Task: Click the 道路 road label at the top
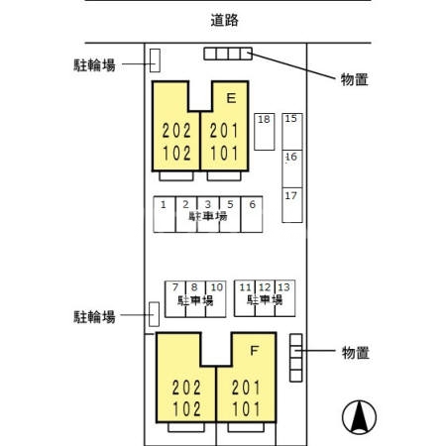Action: click(x=225, y=19)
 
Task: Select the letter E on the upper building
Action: click(x=231, y=98)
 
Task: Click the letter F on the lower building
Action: click(x=254, y=350)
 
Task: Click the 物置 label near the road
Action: click(x=354, y=79)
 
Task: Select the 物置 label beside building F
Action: click(x=355, y=352)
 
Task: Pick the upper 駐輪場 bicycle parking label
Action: click(x=95, y=64)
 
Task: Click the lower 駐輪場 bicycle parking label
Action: click(x=95, y=317)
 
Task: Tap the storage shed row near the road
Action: click(x=228, y=54)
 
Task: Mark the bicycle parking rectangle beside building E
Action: click(x=155, y=60)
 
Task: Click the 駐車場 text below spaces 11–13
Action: click(x=265, y=298)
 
